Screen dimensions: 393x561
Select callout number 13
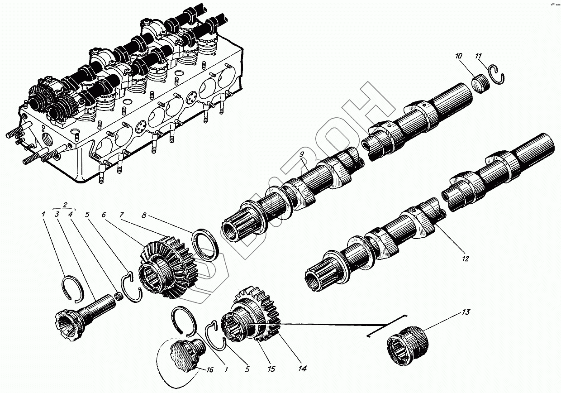[x=466, y=312]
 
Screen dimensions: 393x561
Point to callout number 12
[x=466, y=259]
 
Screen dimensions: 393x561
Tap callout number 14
[x=302, y=369]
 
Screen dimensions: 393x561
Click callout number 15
[x=271, y=369]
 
